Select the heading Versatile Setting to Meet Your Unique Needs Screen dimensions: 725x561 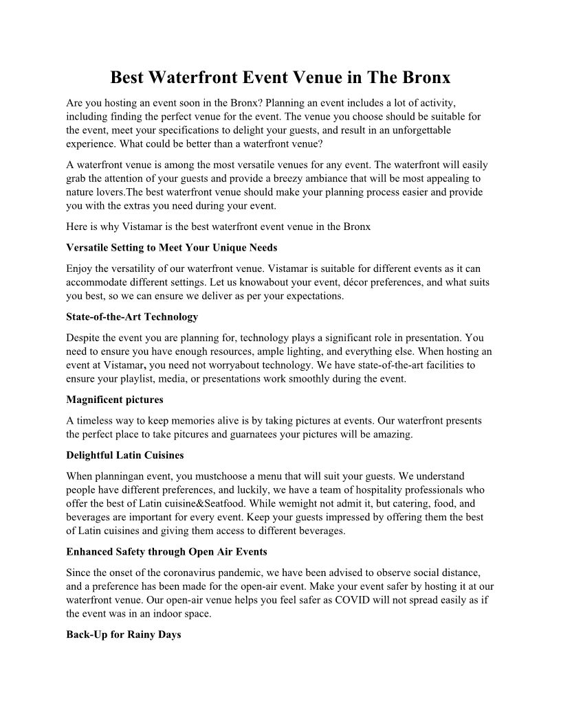[x=171, y=247]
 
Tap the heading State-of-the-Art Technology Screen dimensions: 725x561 [x=132, y=317]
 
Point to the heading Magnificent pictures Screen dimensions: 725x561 [x=114, y=399]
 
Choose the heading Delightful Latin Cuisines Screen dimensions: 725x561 [x=124, y=454]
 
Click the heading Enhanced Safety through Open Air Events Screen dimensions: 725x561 [x=166, y=551]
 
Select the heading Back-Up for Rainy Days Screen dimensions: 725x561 [x=124, y=634]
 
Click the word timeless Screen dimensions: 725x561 [x=93, y=420]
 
